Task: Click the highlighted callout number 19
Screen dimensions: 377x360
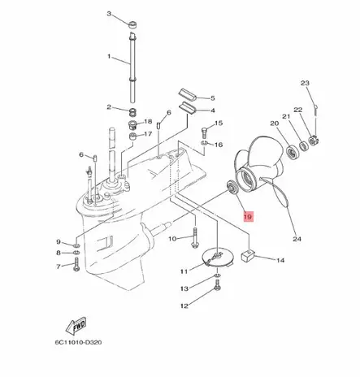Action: pyautogui.click(x=248, y=217)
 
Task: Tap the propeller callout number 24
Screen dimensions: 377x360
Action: pyautogui.click(x=296, y=239)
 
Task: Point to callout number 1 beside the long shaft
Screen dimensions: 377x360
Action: pyautogui.click(x=110, y=57)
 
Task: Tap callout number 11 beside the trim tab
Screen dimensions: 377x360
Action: pyautogui.click(x=184, y=271)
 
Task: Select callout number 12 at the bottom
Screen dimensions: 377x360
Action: pyautogui.click(x=184, y=305)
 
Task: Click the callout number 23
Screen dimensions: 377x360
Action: pyautogui.click(x=305, y=84)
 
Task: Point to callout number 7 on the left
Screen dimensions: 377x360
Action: pyautogui.click(x=59, y=266)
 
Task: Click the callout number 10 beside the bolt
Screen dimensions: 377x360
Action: pyautogui.click(x=172, y=238)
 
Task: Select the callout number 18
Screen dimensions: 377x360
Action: pyautogui.click(x=148, y=121)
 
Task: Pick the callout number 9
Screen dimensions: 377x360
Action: pyautogui.click(x=59, y=242)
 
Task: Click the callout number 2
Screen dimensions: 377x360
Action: pyautogui.click(x=109, y=107)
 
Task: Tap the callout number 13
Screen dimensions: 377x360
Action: pyautogui.click(x=184, y=288)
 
